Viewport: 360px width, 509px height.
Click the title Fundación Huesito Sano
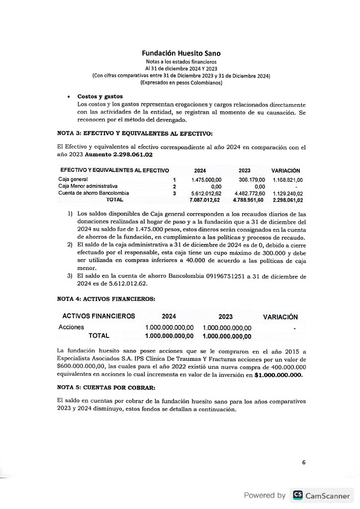click(x=181, y=53)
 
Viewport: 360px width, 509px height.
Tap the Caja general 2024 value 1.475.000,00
click(x=206, y=179)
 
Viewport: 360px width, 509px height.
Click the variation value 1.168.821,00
click(x=288, y=179)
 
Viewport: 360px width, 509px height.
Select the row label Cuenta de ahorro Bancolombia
click(x=93, y=193)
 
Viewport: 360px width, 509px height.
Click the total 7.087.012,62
click(x=205, y=200)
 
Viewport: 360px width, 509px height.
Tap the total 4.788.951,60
click(x=249, y=200)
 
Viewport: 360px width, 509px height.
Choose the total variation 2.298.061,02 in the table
click(x=288, y=200)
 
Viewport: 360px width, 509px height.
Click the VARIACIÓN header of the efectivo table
click(x=285, y=170)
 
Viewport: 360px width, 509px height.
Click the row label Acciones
click(x=71, y=328)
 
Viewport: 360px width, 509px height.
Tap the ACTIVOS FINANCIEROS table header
click(x=98, y=317)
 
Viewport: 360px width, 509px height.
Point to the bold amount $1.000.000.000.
click(x=278, y=375)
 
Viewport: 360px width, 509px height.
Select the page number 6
click(x=304, y=462)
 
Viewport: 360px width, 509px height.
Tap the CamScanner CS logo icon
click(x=298, y=495)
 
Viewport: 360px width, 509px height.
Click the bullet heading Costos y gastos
click(x=100, y=96)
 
